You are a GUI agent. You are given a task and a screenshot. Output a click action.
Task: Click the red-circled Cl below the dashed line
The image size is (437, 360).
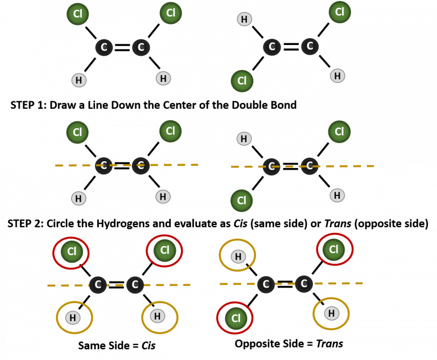click(236, 318)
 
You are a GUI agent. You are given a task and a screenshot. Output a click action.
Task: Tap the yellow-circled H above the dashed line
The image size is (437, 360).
click(238, 256)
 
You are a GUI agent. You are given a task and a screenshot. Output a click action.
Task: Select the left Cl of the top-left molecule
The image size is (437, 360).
click(78, 14)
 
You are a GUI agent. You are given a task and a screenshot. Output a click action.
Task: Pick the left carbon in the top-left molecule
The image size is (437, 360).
click(104, 47)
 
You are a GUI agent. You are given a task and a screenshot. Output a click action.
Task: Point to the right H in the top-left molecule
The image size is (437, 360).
click(163, 79)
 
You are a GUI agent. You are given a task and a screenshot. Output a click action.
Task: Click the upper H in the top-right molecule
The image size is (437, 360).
click(244, 19)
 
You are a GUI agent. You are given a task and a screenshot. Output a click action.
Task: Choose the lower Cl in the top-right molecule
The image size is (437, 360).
click(242, 81)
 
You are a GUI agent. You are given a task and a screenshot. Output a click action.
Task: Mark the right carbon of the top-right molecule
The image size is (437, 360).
click(310, 47)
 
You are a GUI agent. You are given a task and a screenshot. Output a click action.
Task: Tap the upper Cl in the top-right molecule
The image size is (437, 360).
click(340, 12)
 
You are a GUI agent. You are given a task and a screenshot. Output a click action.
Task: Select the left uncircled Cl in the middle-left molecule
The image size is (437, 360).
click(77, 133)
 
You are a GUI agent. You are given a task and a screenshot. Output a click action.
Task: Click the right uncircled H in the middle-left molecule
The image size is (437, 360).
click(163, 197)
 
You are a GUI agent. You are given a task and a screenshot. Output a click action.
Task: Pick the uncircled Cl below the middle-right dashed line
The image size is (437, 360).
click(241, 201)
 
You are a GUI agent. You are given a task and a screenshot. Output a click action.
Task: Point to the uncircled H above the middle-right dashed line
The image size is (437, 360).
click(244, 138)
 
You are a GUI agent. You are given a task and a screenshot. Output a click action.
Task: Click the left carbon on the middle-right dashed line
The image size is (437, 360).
click(271, 166)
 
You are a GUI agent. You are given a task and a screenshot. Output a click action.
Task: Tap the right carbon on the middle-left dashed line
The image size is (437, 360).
click(141, 166)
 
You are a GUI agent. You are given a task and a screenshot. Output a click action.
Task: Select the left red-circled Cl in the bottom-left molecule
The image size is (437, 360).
click(72, 252)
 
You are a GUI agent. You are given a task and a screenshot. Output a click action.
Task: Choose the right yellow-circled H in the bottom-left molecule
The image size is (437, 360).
click(158, 316)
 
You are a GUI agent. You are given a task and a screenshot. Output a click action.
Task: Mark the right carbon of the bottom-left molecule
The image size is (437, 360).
click(135, 285)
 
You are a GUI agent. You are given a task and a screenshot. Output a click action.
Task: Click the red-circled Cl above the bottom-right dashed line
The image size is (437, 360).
click(333, 249)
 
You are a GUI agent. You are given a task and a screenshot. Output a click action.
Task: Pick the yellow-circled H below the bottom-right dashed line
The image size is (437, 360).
click(332, 313)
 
